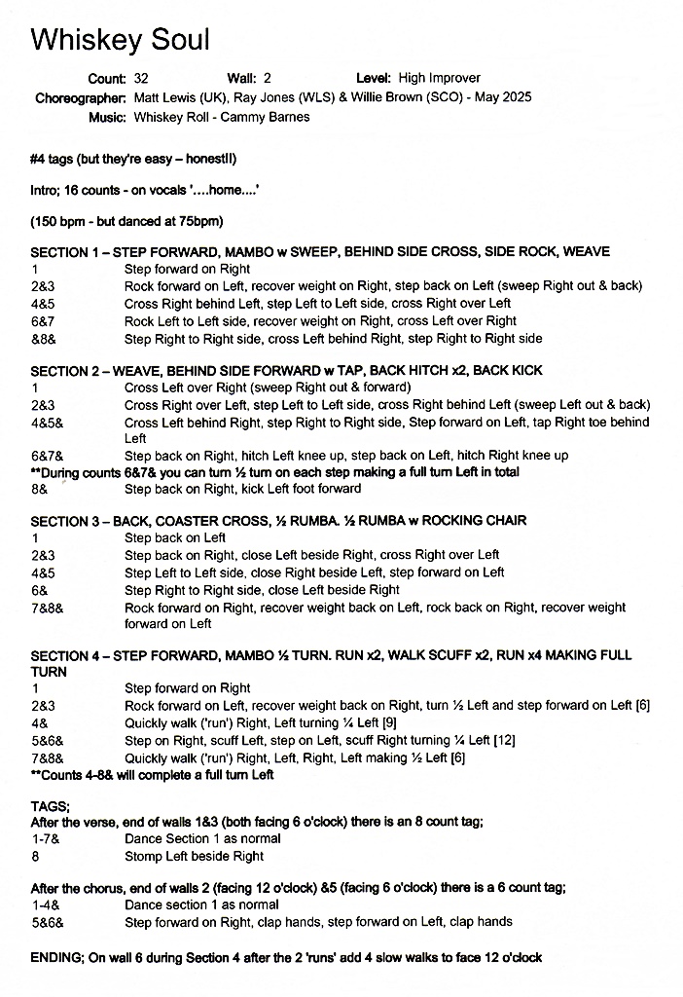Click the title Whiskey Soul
(x=120, y=40)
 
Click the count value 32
(x=143, y=78)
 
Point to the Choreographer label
(x=81, y=97)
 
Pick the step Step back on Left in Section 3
(x=175, y=537)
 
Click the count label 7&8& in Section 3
(x=44, y=607)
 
